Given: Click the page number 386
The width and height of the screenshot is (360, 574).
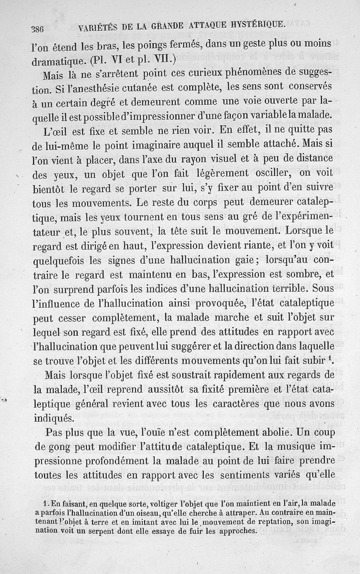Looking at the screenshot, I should point(37,29).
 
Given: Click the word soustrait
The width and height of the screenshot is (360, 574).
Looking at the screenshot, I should point(192,376).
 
